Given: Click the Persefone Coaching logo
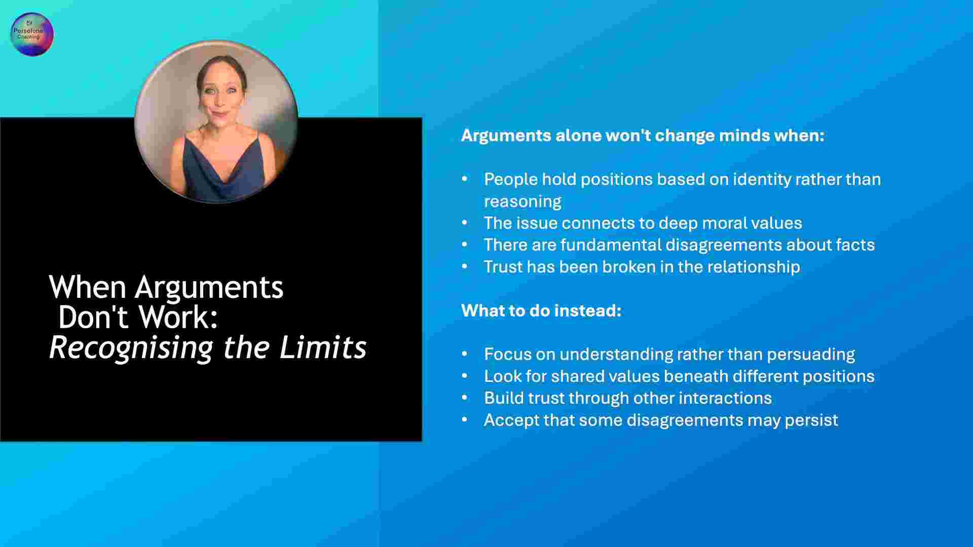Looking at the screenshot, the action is (32, 34).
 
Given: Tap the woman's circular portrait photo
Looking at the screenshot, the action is (216, 122).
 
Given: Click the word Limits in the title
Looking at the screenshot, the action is (323, 347).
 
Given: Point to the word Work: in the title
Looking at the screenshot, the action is (178, 318).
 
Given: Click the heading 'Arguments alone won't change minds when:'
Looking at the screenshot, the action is (643, 135).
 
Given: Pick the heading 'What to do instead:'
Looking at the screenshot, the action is (541, 310).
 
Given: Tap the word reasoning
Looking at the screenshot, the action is (522, 202).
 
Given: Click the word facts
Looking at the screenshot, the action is (855, 245).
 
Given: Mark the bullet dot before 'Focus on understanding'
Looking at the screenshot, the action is (465, 354).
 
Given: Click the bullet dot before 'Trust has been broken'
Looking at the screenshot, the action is (465, 266).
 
